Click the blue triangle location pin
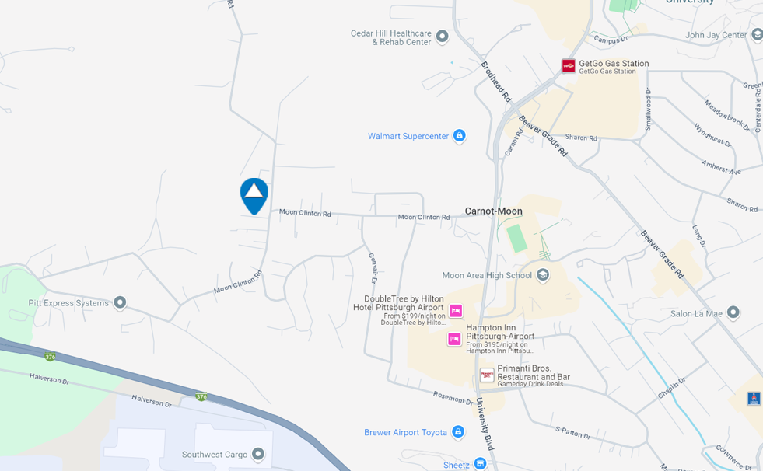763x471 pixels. tap(254, 194)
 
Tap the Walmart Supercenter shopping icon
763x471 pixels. tap(459, 136)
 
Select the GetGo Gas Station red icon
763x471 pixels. tap(569, 66)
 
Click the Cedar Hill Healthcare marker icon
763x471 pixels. tap(443, 37)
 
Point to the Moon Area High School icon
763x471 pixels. tap(543, 275)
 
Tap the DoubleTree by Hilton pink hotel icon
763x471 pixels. tap(456, 311)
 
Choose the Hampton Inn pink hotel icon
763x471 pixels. tap(454, 339)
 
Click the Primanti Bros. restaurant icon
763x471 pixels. tap(487, 375)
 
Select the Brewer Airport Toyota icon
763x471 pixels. tap(458, 432)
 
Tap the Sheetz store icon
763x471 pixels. tap(480, 464)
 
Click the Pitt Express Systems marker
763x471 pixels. tap(120, 302)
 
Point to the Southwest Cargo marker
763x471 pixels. tap(258, 454)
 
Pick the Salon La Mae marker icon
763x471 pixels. tap(733, 313)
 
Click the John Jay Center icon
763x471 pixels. tap(757, 35)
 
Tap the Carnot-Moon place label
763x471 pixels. tap(493, 211)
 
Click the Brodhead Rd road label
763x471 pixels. tap(496, 82)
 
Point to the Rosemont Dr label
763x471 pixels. tap(453, 398)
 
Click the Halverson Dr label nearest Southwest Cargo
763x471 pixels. tap(151, 401)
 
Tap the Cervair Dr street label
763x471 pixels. tap(373, 268)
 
